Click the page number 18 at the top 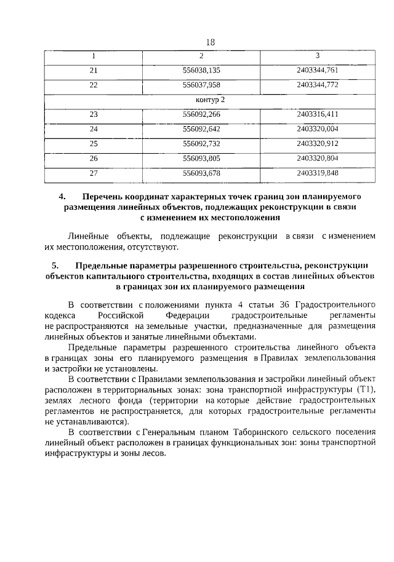click(x=210, y=42)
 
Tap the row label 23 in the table click(x=94, y=114)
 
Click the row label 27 click(x=94, y=173)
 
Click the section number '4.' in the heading click(x=62, y=197)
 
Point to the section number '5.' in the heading click(x=56, y=266)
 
